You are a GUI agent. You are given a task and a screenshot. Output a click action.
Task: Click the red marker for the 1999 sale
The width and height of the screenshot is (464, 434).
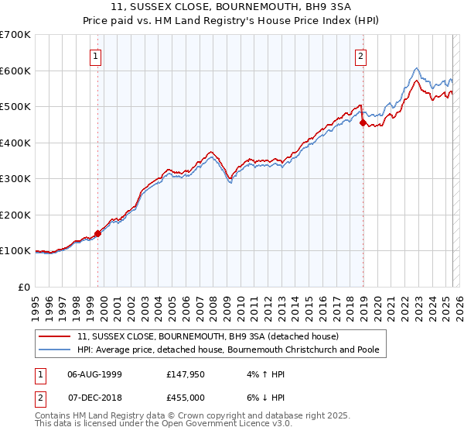coord(97,233)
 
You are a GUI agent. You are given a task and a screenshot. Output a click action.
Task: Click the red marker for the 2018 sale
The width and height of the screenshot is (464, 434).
coord(362,122)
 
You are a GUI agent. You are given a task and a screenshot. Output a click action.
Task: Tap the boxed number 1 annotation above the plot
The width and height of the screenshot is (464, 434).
coord(95,55)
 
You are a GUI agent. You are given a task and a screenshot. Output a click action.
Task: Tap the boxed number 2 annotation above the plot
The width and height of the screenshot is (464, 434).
coord(360,55)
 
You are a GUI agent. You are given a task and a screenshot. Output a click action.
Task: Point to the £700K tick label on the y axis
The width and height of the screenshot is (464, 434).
coord(15,35)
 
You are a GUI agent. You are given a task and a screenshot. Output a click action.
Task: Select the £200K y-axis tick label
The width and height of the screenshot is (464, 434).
coord(15,215)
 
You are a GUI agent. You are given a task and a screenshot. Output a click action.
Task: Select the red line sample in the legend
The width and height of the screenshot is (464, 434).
coord(56,336)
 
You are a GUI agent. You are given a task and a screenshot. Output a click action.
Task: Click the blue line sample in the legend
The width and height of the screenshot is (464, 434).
coord(56,350)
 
